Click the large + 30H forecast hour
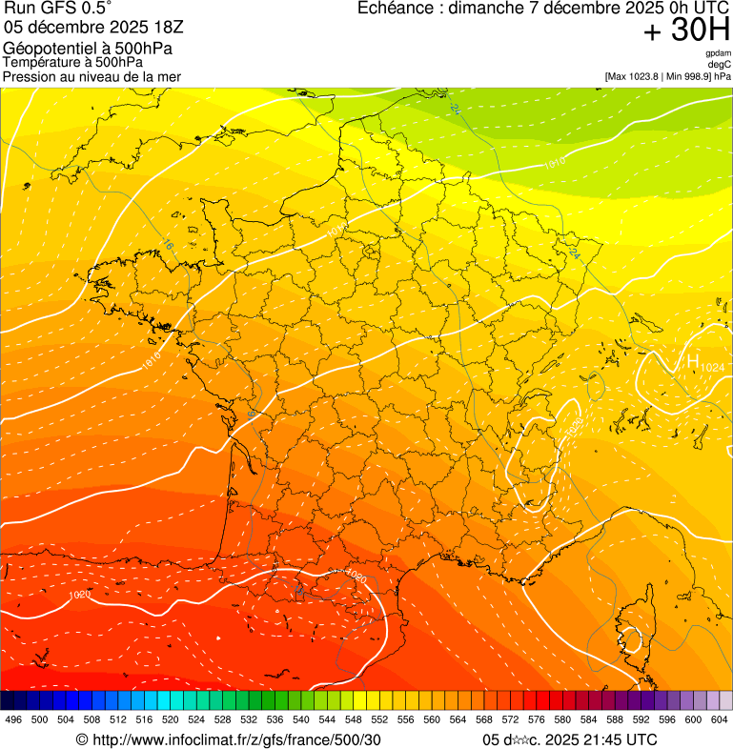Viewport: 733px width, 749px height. click(686, 30)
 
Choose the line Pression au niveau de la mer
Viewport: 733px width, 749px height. click(92, 76)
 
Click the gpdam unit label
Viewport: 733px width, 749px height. click(718, 54)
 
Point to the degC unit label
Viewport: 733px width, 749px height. click(720, 65)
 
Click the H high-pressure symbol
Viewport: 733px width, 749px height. click(692, 361)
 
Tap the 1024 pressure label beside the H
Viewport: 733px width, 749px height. click(712, 368)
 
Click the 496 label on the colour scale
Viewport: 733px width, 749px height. click(13, 719)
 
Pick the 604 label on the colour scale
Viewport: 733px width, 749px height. click(720, 719)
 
